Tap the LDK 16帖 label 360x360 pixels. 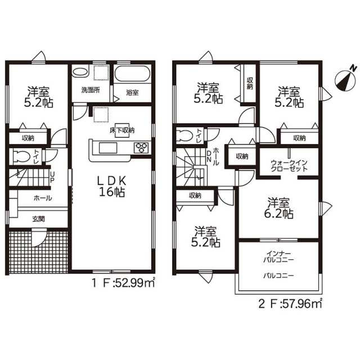click(112, 187)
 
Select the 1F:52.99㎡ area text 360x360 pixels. click(123, 283)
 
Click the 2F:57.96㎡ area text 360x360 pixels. click(290, 304)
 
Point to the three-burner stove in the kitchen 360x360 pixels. click(141, 147)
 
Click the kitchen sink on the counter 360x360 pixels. click(108, 147)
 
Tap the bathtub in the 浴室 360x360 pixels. click(132, 74)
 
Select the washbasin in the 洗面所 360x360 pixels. click(80, 71)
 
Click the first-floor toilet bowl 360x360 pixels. click(21, 157)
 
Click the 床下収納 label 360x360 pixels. click(121, 130)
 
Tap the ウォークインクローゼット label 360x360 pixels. click(289, 166)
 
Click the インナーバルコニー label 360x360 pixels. click(278, 256)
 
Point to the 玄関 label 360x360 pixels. click(38, 219)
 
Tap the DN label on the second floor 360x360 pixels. click(209, 156)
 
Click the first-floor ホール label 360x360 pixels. click(43, 198)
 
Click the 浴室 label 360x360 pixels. click(132, 93)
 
